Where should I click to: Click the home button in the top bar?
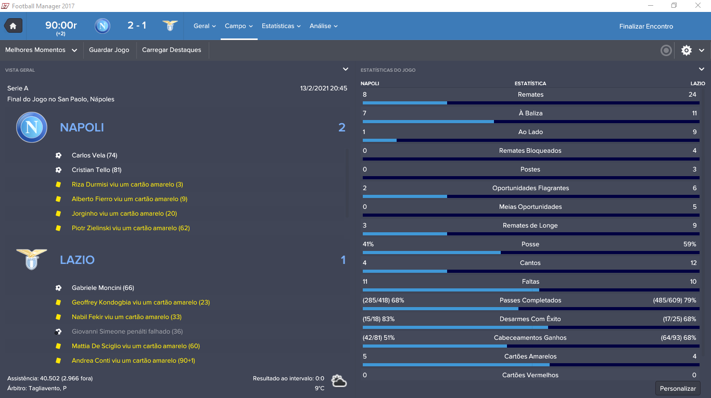(13, 25)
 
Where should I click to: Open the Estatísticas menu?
(281, 26)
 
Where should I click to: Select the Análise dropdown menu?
(323, 26)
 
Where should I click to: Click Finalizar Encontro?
(646, 26)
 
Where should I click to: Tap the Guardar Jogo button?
(109, 50)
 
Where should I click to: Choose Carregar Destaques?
(171, 50)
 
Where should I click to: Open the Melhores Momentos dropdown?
(41, 50)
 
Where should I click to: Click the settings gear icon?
(686, 50)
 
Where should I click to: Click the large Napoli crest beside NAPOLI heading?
(32, 127)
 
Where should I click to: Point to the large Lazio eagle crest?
(32, 259)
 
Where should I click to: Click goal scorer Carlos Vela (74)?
(94, 155)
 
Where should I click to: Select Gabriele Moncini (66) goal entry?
(103, 288)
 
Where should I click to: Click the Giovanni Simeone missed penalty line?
(128, 331)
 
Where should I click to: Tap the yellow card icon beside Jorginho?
(58, 214)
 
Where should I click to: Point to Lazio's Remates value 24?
(692, 95)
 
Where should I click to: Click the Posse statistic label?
(530, 244)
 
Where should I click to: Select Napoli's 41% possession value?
(368, 244)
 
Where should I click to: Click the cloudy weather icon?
(339, 381)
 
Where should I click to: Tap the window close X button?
(697, 5)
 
